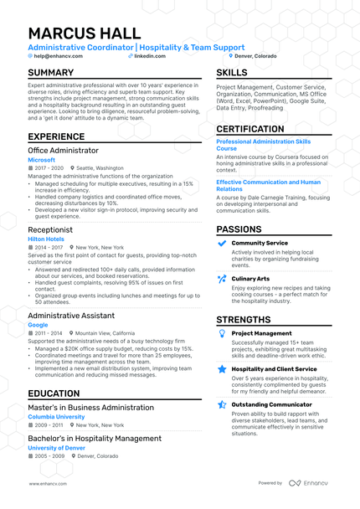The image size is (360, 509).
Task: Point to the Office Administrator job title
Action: pos(63,150)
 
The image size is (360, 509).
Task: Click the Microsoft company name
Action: pos(41,159)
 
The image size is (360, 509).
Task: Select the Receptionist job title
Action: pos(50,229)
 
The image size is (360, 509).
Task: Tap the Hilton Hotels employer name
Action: pos(47,239)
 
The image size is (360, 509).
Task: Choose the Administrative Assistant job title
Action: pos(70,315)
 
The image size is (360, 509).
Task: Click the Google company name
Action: pos(38,324)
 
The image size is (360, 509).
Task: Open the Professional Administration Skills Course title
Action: pos(264,146)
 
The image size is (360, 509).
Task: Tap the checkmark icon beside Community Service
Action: pos(222,244)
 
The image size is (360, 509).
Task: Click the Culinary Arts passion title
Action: pos(251,278)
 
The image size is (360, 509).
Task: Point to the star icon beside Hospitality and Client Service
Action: pos(222,368)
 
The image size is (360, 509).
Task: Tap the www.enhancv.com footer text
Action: pos(47,483)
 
